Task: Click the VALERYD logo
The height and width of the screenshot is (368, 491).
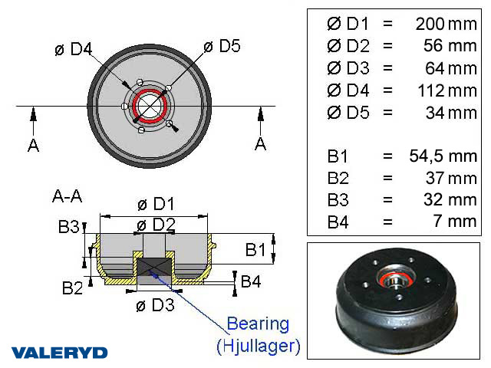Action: (x=59, y=353)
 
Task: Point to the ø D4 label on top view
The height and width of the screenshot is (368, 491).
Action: (x=74, y=50)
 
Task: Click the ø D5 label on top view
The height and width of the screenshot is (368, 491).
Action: (x=222, y=46)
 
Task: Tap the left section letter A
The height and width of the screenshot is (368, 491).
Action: (x=33, y=145)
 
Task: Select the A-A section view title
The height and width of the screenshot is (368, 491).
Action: (x=68, y=196)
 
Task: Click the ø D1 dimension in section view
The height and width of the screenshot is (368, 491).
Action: (x=155, y=205)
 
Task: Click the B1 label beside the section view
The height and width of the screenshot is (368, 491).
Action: (x=256, y=249)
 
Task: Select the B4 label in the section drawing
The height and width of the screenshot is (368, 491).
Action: (x=251, y=281)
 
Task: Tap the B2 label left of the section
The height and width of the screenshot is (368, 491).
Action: (x=73, y=287)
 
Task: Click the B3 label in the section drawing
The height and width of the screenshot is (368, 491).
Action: (x=69, y=227)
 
